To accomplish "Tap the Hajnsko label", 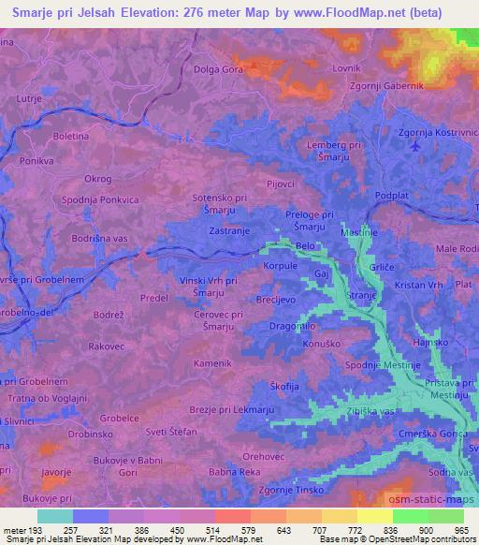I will pos(430,344).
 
